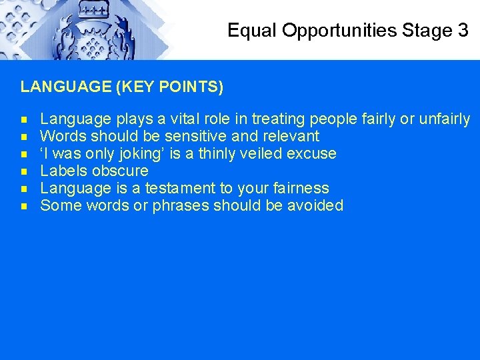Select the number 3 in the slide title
pos(463,30)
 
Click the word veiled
pos(259,154)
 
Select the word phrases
pos(181,206)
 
